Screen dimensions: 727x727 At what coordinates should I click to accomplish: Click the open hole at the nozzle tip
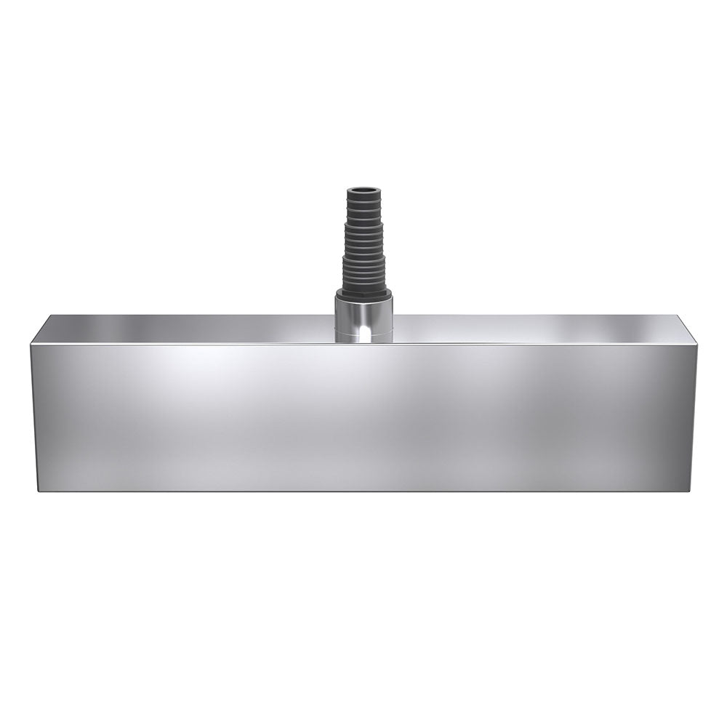pyautogui.click(x=363, y=190)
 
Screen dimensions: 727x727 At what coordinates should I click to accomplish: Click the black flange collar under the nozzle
pyautogui.click(x=363, y=291)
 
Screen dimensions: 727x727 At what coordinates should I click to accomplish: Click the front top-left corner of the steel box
pyautogui.click(x=31, y=344)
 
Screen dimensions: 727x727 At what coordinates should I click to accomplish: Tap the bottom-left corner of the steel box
pyautogui.click(x=38, y=491)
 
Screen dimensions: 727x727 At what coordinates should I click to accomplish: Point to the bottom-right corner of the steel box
pyautogui.click(x=688, y=491)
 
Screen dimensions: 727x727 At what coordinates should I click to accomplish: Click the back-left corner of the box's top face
pyautogui.click(x=51, y=316)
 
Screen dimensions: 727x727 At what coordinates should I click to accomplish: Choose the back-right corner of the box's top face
pyautogui.click(x=677, y=316)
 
